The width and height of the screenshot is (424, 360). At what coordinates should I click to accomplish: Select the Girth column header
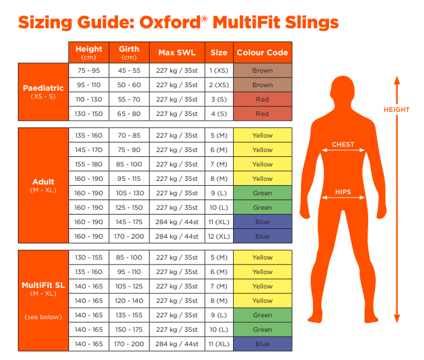point(129,52)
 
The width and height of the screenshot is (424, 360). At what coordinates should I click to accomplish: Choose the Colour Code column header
point(262,52)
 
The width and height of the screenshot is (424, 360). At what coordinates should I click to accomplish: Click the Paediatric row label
point(43,88)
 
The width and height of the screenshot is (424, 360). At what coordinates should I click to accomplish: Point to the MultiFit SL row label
point(43,285)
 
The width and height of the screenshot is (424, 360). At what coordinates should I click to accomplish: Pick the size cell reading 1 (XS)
point(219,70)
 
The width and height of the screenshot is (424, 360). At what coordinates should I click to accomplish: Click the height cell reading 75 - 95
point(89,70)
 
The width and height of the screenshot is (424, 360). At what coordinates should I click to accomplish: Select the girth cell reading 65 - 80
point(129,114)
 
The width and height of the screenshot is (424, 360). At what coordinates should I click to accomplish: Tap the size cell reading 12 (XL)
point(219,236)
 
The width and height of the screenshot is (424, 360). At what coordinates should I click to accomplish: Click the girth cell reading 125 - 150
point(129,207)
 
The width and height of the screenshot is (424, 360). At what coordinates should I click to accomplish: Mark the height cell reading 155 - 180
point(89,164)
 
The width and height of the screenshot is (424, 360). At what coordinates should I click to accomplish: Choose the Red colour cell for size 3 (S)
point(262,99)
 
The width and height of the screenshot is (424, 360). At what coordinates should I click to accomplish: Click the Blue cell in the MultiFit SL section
point(262,344)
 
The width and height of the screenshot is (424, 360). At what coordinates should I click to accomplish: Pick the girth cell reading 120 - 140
point(129,301)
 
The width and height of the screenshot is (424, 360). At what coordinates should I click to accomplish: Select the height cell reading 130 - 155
point(89,257)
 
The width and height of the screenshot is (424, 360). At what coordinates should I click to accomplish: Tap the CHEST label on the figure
point(343,144)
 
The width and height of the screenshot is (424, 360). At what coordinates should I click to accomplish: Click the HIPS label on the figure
point(343,193)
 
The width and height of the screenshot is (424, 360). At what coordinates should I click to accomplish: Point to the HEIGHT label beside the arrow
point(396,109)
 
